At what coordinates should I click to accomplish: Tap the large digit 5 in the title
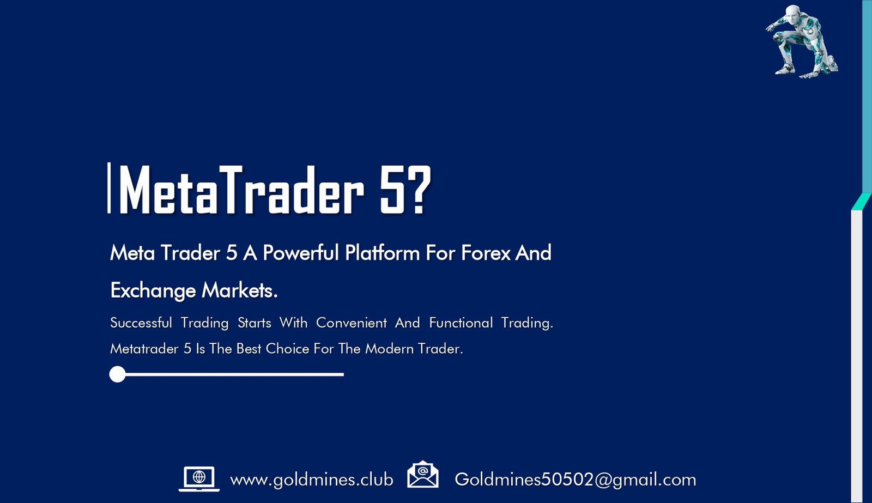[392, 190]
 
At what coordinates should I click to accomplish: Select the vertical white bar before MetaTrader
[109, 187]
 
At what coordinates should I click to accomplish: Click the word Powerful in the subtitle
[301, 253]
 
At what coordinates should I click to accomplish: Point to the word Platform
[382, 253]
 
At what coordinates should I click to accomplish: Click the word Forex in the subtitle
[486, 253]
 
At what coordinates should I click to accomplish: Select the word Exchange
[153, 291]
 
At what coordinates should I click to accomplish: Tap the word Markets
[240, 290]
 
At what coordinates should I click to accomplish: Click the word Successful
[141, 323]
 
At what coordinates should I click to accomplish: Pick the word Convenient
[351, 323]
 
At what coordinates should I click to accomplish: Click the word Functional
[461, 323]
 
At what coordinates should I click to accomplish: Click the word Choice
[287, 348]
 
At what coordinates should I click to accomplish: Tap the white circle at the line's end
[118, 374]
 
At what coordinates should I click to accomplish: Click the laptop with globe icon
[199, 478]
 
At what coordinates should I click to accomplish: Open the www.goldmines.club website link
[311, 480]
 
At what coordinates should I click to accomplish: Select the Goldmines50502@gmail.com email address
[576, 480]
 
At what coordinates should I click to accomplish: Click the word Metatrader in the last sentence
[144, 348]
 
